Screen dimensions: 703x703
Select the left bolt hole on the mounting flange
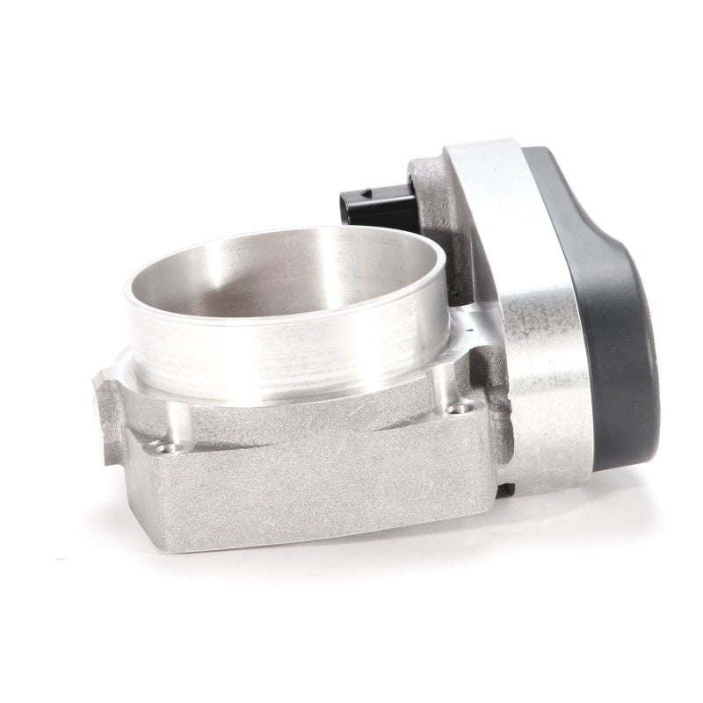pos(160,447)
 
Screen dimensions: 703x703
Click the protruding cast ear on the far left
pos(107,413)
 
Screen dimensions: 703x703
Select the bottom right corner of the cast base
pos(492,510)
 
